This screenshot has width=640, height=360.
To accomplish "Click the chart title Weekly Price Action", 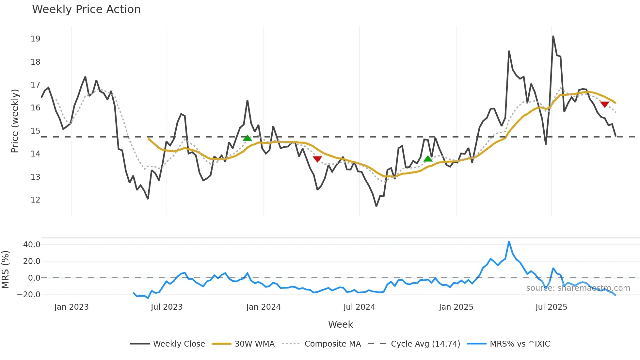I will pos(86,9).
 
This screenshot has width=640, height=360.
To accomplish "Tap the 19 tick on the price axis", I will pos(35,39).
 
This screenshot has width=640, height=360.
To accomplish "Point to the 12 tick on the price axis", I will pos(35,200).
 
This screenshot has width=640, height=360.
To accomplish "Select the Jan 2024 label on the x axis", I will pos(263,307).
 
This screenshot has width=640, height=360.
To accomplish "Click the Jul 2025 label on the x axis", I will pos(551,307).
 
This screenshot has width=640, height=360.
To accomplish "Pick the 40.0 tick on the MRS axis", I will pos(32,245).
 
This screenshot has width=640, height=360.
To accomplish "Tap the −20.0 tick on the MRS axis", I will pos(29,295).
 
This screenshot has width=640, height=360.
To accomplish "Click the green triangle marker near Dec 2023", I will pos(248,138).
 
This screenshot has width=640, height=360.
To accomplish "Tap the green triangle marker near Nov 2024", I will pos(428,159).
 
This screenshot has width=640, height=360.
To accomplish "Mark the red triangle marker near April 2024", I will pos(317,159).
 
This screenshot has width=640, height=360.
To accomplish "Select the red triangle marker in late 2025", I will pos(605,105).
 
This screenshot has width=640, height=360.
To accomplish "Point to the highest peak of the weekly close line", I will pos(553,36).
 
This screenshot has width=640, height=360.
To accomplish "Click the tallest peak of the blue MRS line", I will pos(509,242).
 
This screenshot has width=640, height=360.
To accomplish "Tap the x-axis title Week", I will pos(340,324).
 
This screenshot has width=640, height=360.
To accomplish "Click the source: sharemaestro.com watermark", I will pos(578,288).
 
